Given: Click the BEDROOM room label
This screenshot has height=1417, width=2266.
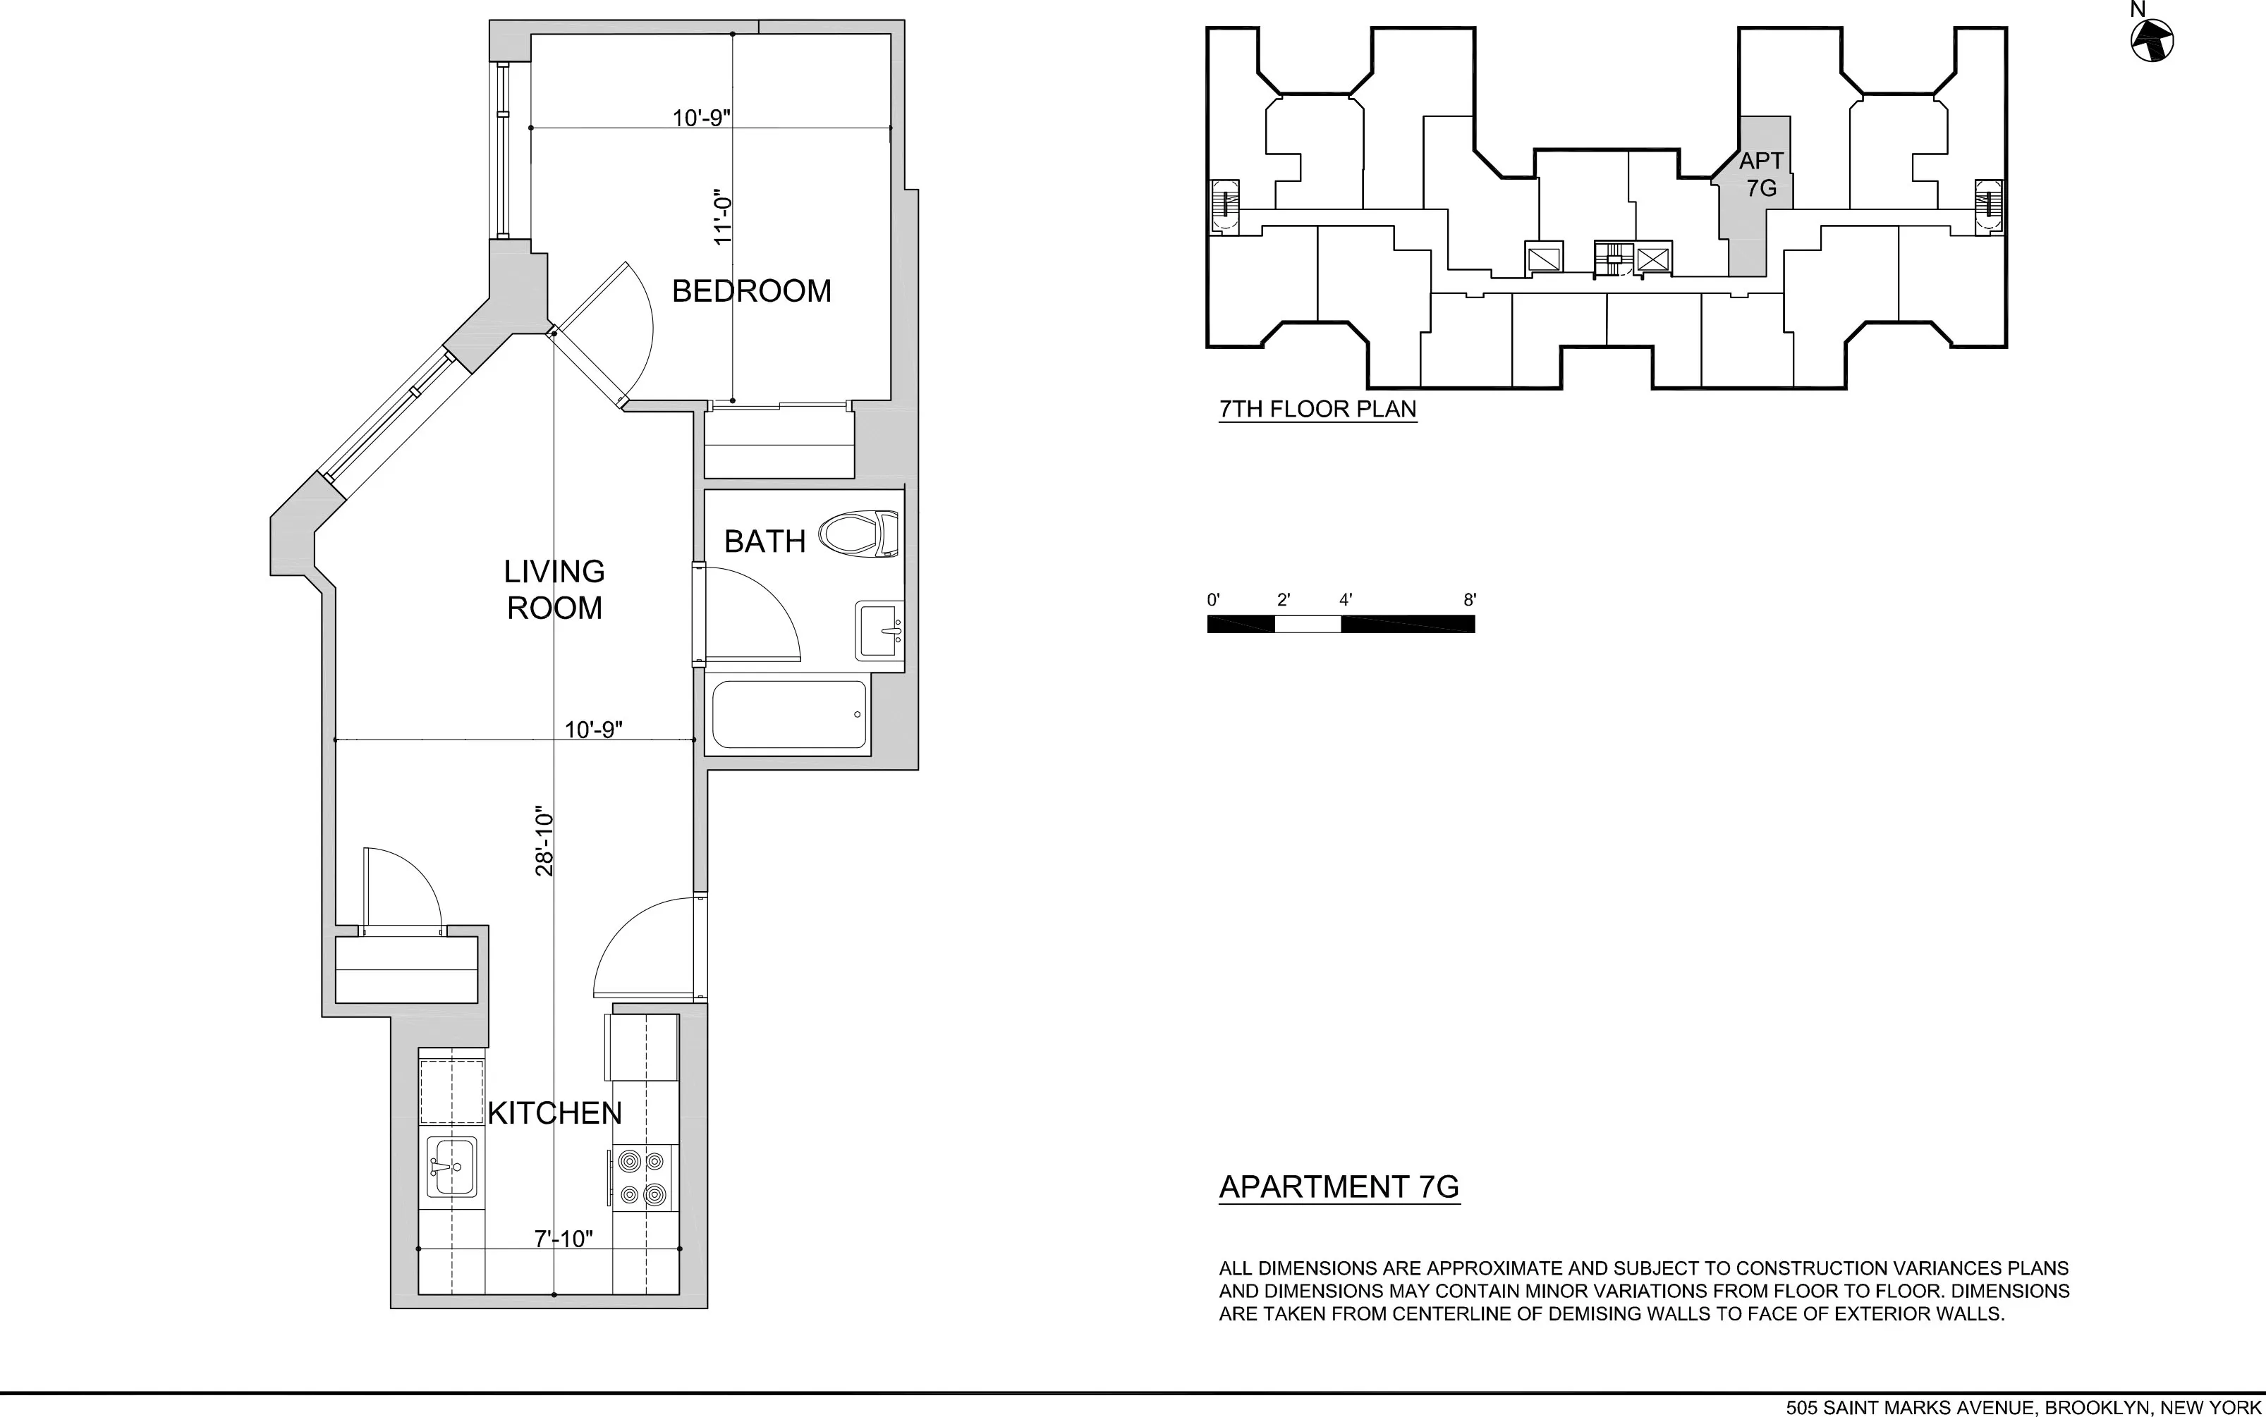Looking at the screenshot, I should click(x=751, y=291).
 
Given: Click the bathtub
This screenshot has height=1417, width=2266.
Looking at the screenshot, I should click(x=788, y=715).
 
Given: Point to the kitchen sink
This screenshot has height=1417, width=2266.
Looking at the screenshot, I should click(x=452, y=1166).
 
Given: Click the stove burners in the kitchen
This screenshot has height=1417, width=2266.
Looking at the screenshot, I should click(x=644, y=1177).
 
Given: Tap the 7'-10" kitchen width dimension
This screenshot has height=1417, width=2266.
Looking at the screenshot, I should click(x=564, y=1239).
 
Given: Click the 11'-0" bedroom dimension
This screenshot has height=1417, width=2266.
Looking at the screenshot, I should click(x=722, y=221).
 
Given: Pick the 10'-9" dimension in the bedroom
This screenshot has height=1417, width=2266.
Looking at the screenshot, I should click(x=701, y=118).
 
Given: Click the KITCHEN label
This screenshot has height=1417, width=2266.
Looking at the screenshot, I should click(x=554, y=1112).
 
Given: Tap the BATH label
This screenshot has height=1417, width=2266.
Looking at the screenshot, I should click(x=764, y=541).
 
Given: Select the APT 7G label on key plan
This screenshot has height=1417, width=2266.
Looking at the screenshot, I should click(x=1760, y=174).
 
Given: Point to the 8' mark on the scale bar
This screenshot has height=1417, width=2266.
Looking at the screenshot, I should click(x=1469, y=600).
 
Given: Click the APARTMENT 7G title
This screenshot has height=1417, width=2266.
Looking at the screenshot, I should click(x=1339, y=1186).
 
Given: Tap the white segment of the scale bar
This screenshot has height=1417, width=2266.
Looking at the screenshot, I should click(x=1307, y=624).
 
